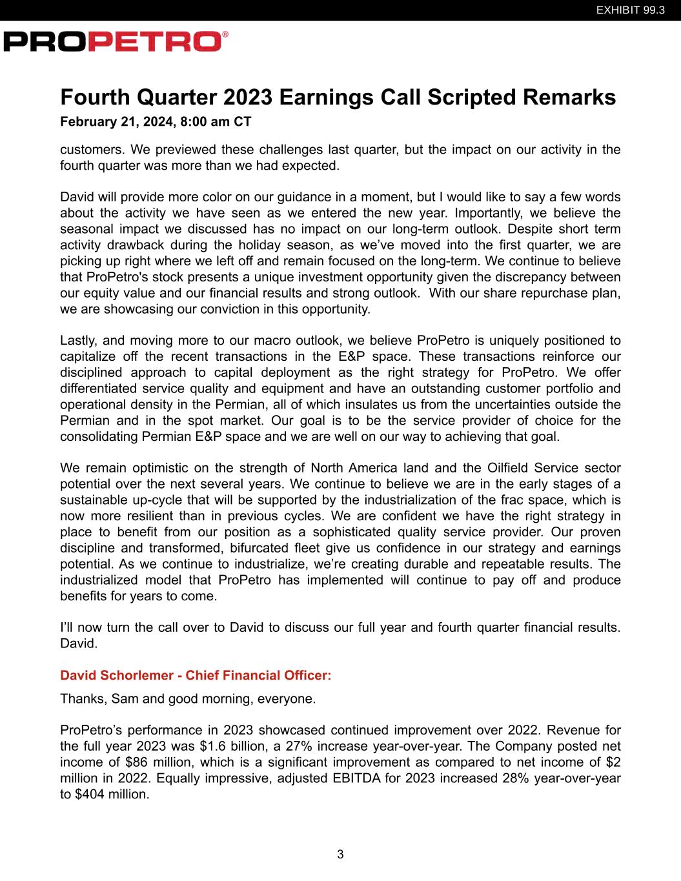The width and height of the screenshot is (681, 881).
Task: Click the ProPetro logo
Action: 116,42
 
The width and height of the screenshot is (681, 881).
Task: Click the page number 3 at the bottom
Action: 340,855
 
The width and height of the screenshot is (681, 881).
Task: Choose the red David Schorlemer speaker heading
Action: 196,675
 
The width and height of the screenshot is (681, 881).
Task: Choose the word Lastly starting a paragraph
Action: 80,341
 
